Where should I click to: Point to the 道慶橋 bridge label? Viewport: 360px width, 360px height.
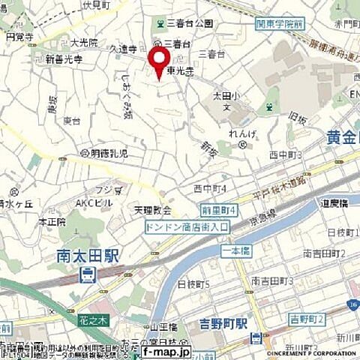(336, 203)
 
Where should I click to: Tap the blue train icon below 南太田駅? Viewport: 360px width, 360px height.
(89, 274)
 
